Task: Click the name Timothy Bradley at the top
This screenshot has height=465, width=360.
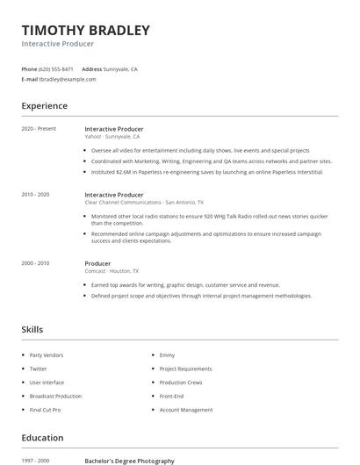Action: (x=85, y=30)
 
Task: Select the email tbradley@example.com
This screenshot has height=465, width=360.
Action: (x=68, y=79)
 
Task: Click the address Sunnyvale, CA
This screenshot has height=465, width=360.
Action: (x=120, y=68)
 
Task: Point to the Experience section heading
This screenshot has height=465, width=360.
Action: (x=45, y=106)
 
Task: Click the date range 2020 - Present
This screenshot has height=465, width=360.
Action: (x=39, y=129)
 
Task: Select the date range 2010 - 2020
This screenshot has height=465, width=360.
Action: (x=35, y=195)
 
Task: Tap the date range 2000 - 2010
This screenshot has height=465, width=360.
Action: (x=35, y=263)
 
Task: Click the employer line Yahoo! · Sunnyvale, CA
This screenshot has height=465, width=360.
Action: (x=112, y=137)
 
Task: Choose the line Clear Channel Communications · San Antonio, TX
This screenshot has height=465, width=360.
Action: (x=144, y=203)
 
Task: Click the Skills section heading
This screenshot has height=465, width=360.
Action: (x=32, y=330)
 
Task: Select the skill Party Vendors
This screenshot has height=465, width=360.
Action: (x=47, y=355)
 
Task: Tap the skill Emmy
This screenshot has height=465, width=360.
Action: (x=167, y=355)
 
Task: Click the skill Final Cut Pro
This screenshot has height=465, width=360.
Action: (x=46, y=410)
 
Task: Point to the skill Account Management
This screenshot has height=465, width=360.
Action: (x=186, y=410)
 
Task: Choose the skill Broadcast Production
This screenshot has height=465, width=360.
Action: (x=55, y=396)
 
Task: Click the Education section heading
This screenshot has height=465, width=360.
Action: (x=42, y=438)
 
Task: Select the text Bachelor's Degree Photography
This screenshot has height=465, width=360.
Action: (x=129, y=461)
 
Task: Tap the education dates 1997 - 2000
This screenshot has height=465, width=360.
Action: (x=35, y=461)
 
